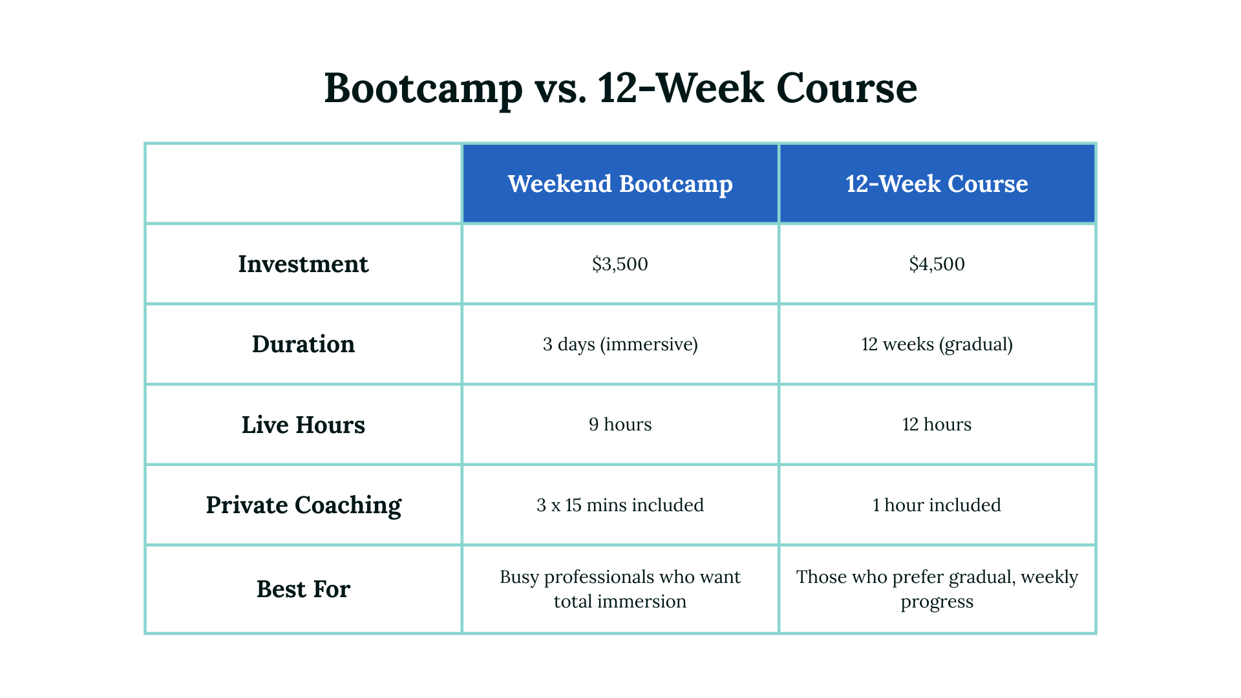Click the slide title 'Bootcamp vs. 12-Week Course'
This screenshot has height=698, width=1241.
pyautogui.click(x=620, y=88)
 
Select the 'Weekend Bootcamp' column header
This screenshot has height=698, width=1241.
pyautogui.click(x=620, y=184)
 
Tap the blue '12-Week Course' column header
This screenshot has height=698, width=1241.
pyautogui.click(x=937, y=184)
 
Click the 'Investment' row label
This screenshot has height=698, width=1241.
pyautogui.click(x=303, y=264)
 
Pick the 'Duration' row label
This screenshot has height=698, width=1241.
pyautogui.click(x=303, y=344)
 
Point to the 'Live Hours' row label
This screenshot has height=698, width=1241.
pyautogui.click(x=303, y=425)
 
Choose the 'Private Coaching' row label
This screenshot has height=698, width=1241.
pyautogui.click(x=303, y=505)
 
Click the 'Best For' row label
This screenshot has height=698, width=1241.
pyautogui.click(x=303, y=589)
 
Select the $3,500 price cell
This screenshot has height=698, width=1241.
pyautogui.click(x=620, y=264)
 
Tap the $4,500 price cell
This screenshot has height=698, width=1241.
pyautogui.click(x=937, y=264)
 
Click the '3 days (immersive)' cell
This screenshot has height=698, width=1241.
pyautogui.click(x=620, y=344)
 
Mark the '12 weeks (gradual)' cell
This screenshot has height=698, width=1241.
pyautogui.click(x=937, y=344)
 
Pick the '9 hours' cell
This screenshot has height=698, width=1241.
pyautogui.click(x=620, y=425)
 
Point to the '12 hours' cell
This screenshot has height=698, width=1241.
pyautogui.click(x=937, y=425)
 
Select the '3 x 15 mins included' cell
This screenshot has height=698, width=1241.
pyautogui.click(x=620, y=505)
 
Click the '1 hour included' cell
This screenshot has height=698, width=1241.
pyautogui.click(x=937, y=505)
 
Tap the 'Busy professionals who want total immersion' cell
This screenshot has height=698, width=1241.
pyautogui.click(x=620, y=589)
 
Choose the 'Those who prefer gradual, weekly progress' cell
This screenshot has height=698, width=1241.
pyautogui.click(x=937, y=589)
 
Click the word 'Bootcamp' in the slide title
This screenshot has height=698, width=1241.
pyautogui.click(x=423, y=88)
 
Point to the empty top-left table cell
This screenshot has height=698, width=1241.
pyautogui.click(x=303, y=184)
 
